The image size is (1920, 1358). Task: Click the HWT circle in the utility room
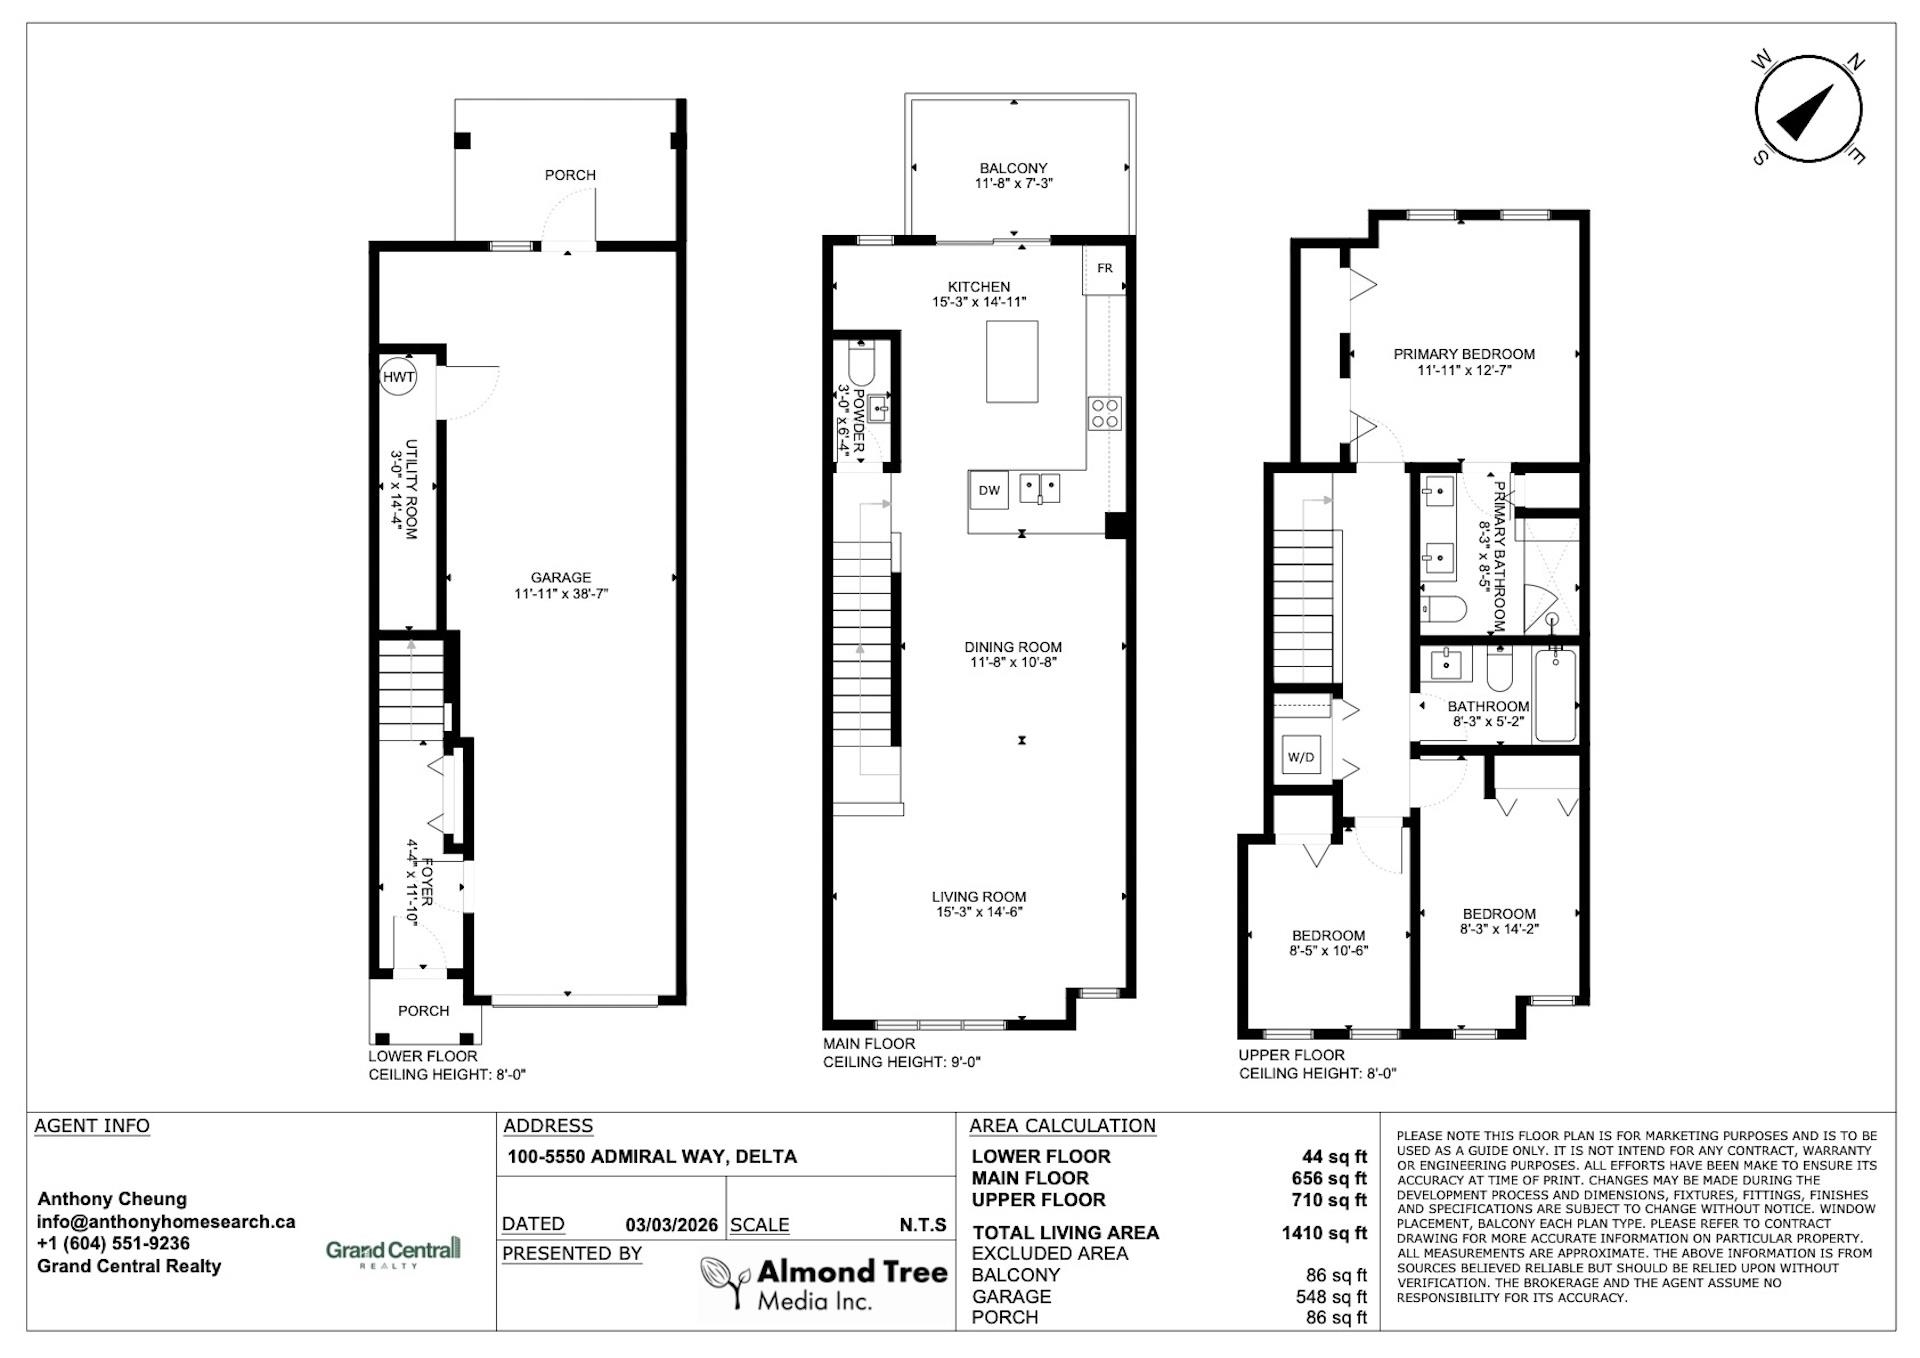pyautogui.click(x=398, y=377)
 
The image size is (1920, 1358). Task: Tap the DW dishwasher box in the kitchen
pyautogui.click(x=989, y=490)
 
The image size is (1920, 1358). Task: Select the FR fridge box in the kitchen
pyautogui.click(x=1104, y=269)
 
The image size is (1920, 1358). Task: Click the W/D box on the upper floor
pyautogui.click(x=1301, y=757)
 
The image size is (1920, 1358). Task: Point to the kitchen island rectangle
pyautogui.click(x=1012, y=361)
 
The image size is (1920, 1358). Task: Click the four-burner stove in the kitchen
pyautogui.click(x=1105, y=413)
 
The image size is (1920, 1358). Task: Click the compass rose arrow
pyautogui.click(x=1806, y=111)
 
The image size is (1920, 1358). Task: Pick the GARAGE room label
pyautogui.click(x=561, y=577)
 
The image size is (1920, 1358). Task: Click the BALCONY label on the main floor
pyautogui.click(x=1014, y=168)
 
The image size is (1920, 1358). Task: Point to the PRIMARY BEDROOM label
pyautogui.click(x=1464, y=354)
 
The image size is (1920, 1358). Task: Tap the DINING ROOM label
pyautogui.click(x=1013, y=647)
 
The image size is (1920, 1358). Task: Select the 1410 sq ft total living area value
pyautogui.click(x=1324, y=1233)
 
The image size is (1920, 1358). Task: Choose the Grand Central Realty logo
pyautogui.click(x=393, y=1252)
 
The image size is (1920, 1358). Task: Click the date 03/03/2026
pyautogui.click(x=672, y=1225)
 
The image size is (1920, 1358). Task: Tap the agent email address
pyautogui.click(x=166, y=1221)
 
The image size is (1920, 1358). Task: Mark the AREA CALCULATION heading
pyautogui.click(x=1062, y=1126)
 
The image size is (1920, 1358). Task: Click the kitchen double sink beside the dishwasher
pyautogui.click(x=1040, y=489)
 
